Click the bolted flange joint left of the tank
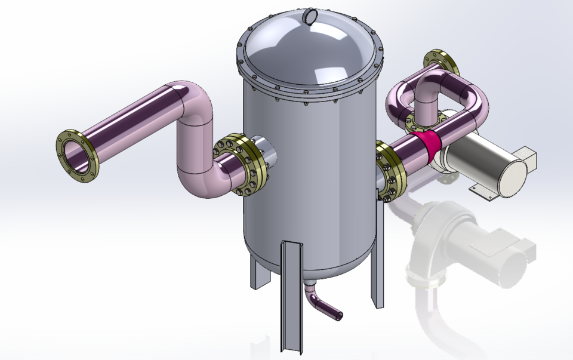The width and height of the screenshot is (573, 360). (239, 165)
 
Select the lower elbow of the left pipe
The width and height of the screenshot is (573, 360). (200, 180)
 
